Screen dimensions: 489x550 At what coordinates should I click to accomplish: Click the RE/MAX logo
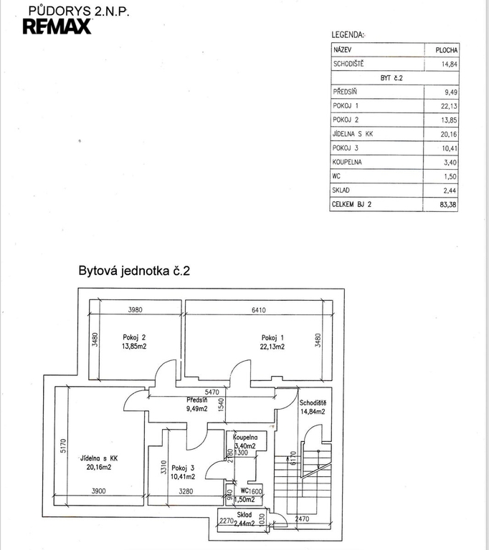(x=57, y=26)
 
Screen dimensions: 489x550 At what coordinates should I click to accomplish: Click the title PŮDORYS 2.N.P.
(x=79, y=11)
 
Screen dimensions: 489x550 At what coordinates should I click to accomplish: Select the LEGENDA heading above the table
(x=348, y=34)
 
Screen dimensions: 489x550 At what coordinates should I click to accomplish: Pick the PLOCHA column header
(x=447, y=50)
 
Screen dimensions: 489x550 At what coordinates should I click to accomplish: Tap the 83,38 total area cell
(x=448, y=205)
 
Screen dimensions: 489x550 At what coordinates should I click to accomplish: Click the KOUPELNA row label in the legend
(x=347, y=162)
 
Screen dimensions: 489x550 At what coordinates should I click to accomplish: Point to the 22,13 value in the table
(x=449, y=106)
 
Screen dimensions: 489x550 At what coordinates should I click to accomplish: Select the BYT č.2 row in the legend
(x=391, y=78)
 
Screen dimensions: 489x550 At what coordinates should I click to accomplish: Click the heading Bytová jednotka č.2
(x=134, y=271)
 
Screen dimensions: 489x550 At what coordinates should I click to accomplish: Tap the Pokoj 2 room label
(x=134, y=337)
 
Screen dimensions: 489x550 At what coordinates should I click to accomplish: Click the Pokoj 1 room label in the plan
(x=272, y=338)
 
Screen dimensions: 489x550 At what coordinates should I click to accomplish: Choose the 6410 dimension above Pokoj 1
(x=259, y=310)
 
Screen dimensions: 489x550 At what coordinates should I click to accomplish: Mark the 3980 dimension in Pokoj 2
(x=136, y=309)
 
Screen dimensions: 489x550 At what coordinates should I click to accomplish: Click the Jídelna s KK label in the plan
(x=99, y=458)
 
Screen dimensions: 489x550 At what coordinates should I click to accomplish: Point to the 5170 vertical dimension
(x=63, y=446)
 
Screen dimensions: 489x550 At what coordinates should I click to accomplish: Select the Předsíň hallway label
(x=196, y=400)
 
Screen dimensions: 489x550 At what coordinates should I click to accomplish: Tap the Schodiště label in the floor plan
(x=313, y=403)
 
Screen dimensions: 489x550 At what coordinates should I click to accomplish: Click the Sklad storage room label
(x=244, y=515)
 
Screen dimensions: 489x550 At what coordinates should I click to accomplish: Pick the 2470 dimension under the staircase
(x=302, y=518)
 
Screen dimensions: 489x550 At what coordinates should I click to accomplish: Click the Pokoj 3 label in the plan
(x=183, y=468)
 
